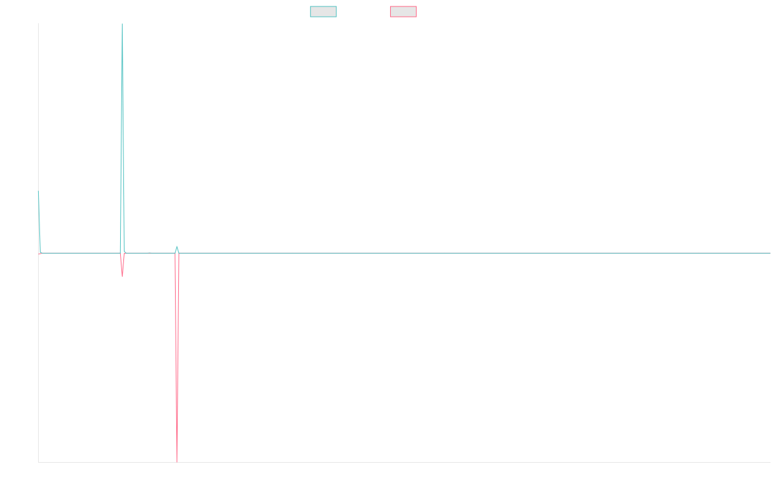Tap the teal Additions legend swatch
coord(324,12)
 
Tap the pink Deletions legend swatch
coord(403,12)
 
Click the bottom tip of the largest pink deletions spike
coord(177,461)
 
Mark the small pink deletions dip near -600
coord(122,276)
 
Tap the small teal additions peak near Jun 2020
coord(176,247)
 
